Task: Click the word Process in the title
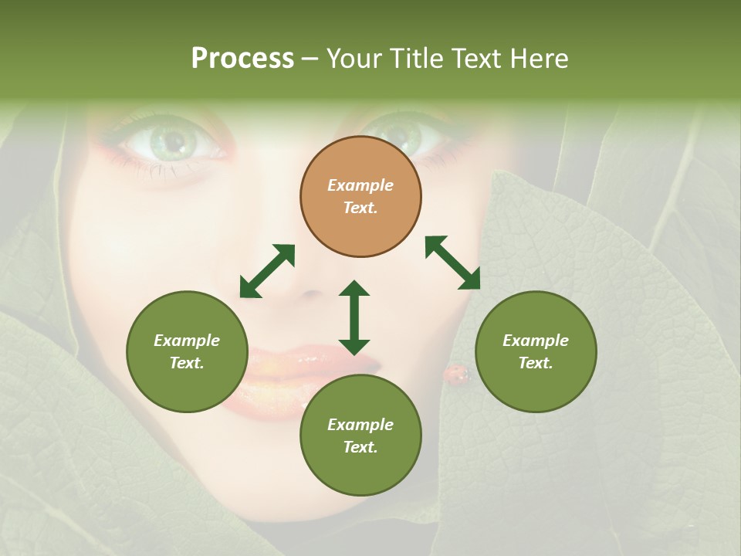coord(242,59)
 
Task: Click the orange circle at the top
coord(360,196)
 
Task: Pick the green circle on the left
coord(187,351)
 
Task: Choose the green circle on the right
coord(536,351)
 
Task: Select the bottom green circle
coord(360,436)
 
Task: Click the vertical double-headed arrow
coord(354,317)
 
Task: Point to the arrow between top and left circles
coord(267,271)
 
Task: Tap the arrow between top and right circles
coord(453,263)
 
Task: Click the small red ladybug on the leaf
coord(455,375)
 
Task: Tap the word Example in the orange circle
coord(360,185)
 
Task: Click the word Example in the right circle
coord(536,341)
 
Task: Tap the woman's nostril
coord(311,294)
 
